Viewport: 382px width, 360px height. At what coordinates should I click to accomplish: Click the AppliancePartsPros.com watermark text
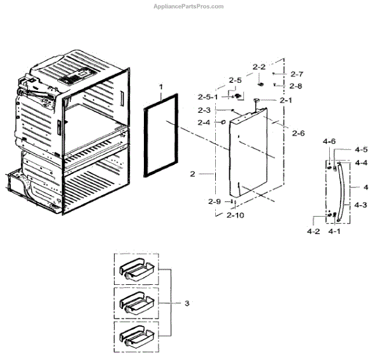[x=189, y=6]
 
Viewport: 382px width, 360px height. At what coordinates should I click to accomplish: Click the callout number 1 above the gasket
[x=161, y=86]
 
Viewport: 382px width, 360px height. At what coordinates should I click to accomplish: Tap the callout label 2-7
[x=297, y=74]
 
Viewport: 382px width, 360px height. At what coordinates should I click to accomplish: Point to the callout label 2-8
[x=295, y=85]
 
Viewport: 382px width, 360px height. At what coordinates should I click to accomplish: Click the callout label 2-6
[x=298, y=133]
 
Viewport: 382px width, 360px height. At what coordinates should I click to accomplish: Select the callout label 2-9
[x=214, y=201]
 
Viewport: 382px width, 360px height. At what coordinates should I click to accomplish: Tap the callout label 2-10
[x=235, y=215]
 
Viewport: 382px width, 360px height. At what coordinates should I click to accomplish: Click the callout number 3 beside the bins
[x=187, y=303]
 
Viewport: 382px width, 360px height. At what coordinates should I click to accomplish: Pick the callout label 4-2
[x=313, y=231]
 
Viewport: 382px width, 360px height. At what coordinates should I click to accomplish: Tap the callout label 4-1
[x=335, y=231]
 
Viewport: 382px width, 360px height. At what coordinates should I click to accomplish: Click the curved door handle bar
[x=344, y=191]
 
